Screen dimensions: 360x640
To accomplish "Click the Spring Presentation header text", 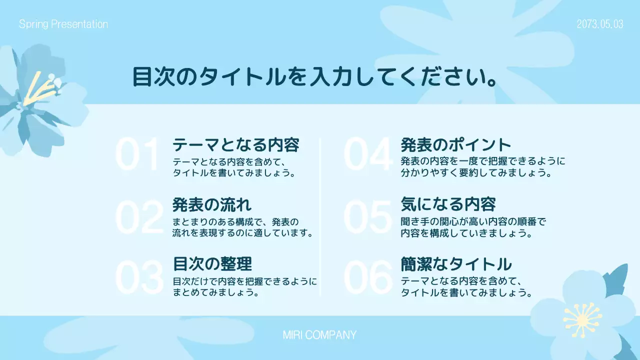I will tap(63, 24).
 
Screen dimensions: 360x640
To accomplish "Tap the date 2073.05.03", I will tap(600, 24).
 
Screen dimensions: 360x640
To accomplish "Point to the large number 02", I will tap(139, 218).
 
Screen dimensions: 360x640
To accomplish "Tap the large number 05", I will tap(367, 218).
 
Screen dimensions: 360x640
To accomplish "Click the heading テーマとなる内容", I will tap(236, 145).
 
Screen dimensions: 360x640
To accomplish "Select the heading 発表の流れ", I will tap(212, 204).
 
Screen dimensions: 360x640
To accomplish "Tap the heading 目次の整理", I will tap(212, 263).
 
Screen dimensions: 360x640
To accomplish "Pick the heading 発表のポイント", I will tap(456, 145).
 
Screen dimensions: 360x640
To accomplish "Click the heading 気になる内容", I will tap(448, 204).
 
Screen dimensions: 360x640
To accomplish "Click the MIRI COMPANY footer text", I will tap(319, 335).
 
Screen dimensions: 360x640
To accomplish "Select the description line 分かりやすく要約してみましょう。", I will tap(476, 174).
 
